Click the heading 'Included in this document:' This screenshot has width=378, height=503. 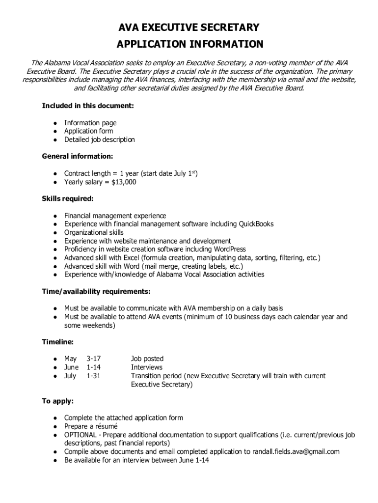click(x=88, y=106)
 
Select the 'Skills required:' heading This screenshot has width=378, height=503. click(x=68, y=198)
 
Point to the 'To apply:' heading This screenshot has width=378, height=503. click(x=58, y=401)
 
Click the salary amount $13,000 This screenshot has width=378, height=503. click(x=123, y=182)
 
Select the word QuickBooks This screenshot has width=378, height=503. click(x=256, y=224)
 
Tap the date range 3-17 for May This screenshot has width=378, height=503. click(x=94, y=359)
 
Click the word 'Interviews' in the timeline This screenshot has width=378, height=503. click(x=146, y=367)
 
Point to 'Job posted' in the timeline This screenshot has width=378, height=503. click(x=147, y=359)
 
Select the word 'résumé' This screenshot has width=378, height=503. click(x=104, y=426)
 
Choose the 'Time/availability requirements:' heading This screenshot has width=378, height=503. click(x=96, y=291)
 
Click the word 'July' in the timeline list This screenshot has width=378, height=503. click(x=71, y=376)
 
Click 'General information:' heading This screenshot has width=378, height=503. click(x=78, y=156)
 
